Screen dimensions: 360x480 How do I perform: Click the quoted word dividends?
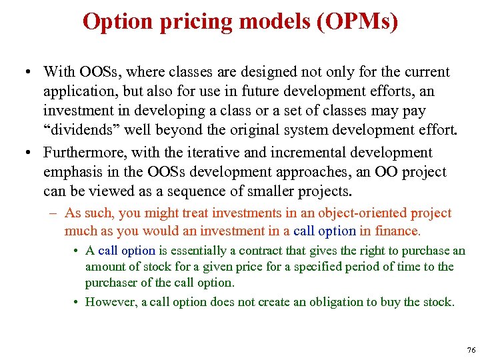[82, 129]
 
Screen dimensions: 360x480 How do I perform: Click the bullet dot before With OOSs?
[25, 72]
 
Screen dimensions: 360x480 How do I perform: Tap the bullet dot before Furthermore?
[25, 153]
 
